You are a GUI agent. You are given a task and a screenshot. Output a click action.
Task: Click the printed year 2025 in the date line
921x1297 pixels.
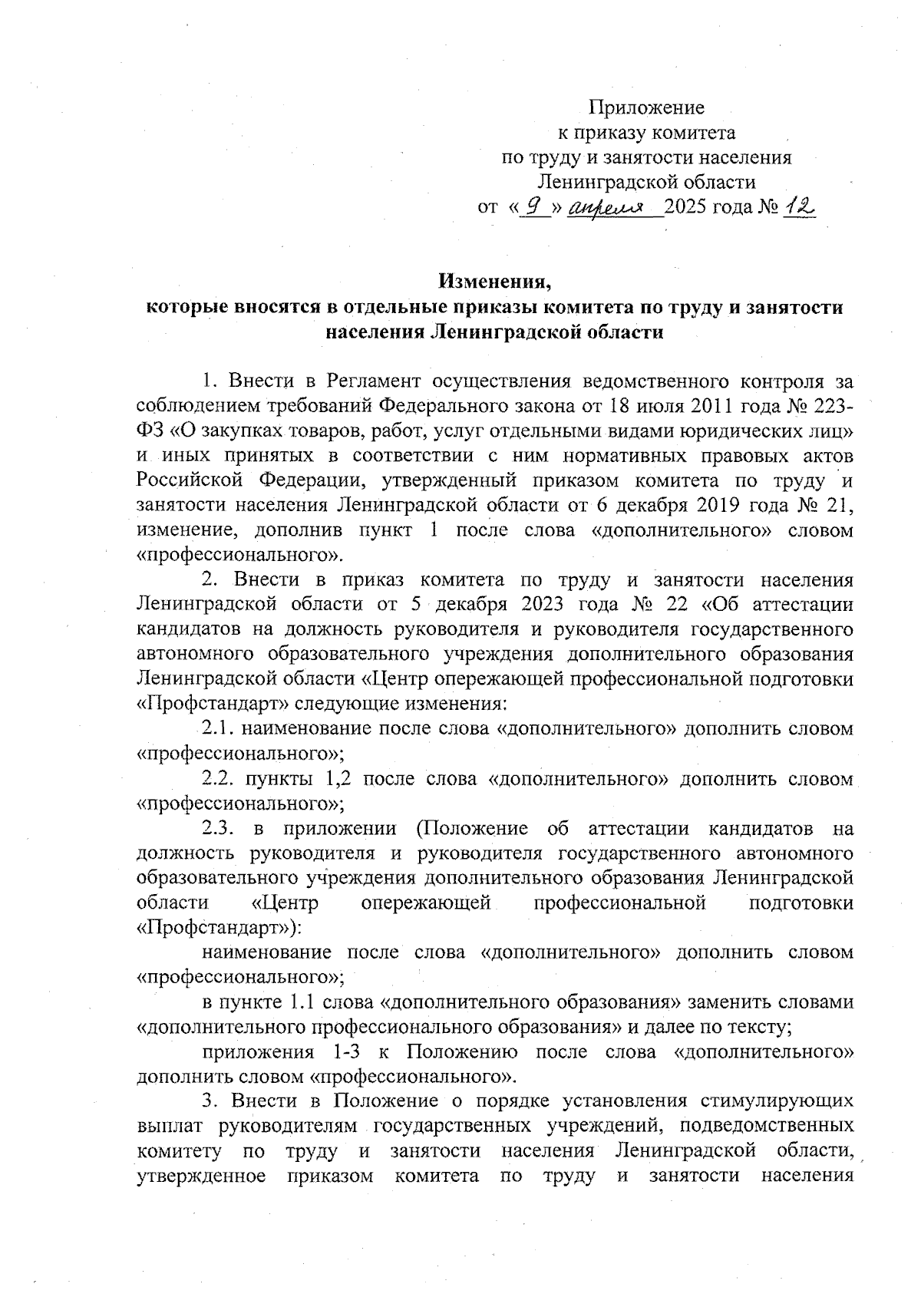[x=689, y=208]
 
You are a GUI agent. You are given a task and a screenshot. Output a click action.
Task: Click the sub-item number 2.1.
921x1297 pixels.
[x=220, y=728]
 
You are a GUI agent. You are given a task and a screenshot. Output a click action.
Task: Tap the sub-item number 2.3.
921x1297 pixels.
[x=220, y=828]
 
